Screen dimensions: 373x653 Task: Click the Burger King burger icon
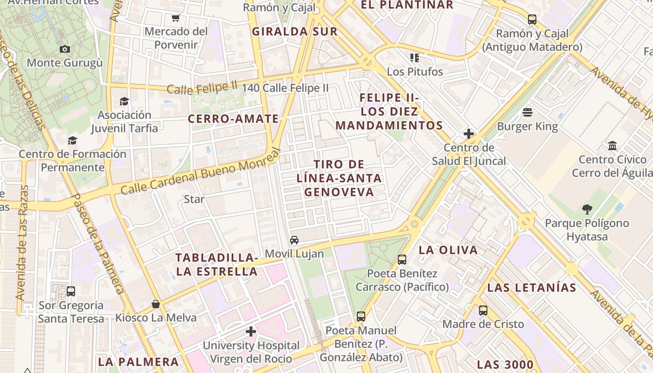pyautogui.click(x=528, y=112)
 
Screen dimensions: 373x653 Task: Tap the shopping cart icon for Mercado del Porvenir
pyautogui.click(x=175, y=18)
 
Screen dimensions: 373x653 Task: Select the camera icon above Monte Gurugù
pyautogui.click(x=65, y=49)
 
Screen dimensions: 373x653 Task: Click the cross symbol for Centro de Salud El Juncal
pyautogui.click(x=469, y=134)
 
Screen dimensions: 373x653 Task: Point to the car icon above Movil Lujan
pyautogui.click(x=294, y=240)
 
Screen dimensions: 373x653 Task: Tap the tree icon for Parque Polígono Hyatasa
pyautogui.click(x=587, y=209)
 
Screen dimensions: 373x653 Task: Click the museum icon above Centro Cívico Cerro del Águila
pyautogui.click(x=612, y=146)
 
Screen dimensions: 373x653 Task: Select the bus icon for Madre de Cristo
pyautogui.click(x=483, y=310)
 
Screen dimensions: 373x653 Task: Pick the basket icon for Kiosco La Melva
pyautogui.click(x=156, y=304)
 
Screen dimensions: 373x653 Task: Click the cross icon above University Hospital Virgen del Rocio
pyautogui.click(x=251, y=332)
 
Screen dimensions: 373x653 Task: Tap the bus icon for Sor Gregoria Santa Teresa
pyautogui.click(x=71, y=291)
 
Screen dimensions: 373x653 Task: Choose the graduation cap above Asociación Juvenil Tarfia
pyautogui.click(x=124, y=101)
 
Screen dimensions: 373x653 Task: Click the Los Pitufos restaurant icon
pyautogui.click(x=415, y=58)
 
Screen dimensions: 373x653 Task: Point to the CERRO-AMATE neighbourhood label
pyautogui.click(x=233, y=119)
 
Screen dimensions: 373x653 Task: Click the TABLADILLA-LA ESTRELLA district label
pyautogui.click(x=217, y=264)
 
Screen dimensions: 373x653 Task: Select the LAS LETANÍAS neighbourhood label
pyautogui.click(x=532, y=288)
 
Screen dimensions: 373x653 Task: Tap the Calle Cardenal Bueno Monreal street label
pyautogui.click(x=201, y=172)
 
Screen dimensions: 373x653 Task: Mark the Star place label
pyautogui.click(x=194, y=199)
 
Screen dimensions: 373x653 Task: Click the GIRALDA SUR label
pyautogui.click(x=294, y=32)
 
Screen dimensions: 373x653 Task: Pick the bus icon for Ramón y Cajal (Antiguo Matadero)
pyautogui.click(x=532, y=20)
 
